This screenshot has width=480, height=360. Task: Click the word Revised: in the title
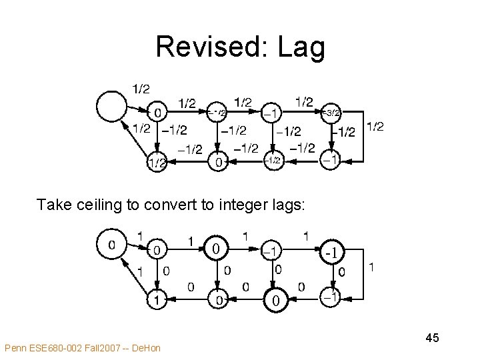coord(209,47)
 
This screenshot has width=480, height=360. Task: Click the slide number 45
coord(432,339)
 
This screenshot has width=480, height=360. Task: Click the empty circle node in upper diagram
coord(111,105)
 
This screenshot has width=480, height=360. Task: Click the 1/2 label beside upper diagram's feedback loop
coord(375,127)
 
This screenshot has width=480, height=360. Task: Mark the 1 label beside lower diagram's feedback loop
coord(371,267)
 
